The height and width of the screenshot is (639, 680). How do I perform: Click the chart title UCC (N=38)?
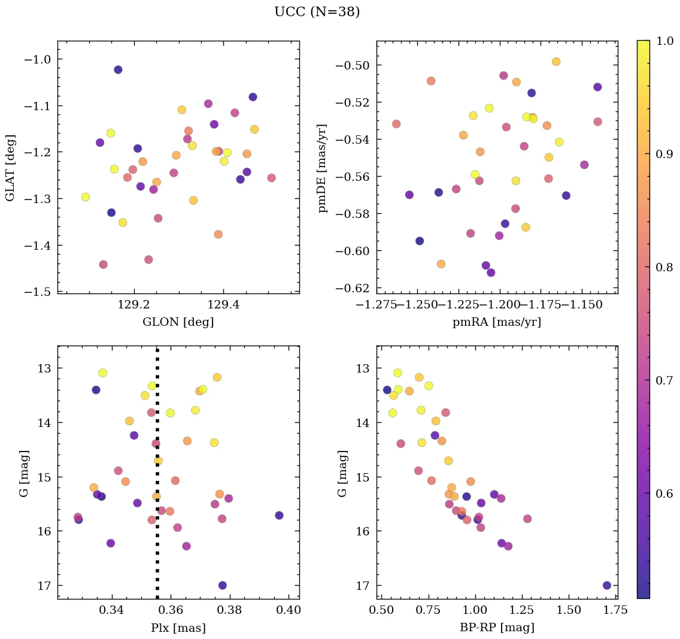[317, 12]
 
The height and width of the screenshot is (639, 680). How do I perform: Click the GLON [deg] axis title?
[178, 322]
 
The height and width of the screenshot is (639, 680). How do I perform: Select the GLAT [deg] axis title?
[10, 167]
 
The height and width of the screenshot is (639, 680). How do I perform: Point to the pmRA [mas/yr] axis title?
[497, 322]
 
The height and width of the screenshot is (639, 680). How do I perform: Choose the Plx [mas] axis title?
[178, 628]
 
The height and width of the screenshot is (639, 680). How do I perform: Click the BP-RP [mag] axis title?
[497, 628]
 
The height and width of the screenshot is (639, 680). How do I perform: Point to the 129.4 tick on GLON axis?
[223, 305]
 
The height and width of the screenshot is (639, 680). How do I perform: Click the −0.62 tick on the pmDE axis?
[357, 288]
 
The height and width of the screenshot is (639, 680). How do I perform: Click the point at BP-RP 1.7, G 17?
[607, 585]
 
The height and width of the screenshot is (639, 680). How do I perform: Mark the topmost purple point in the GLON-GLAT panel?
[118, 69]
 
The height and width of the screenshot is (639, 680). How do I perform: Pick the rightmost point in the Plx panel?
[279, 515]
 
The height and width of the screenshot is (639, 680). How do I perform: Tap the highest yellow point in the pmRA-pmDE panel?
[556, 62]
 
